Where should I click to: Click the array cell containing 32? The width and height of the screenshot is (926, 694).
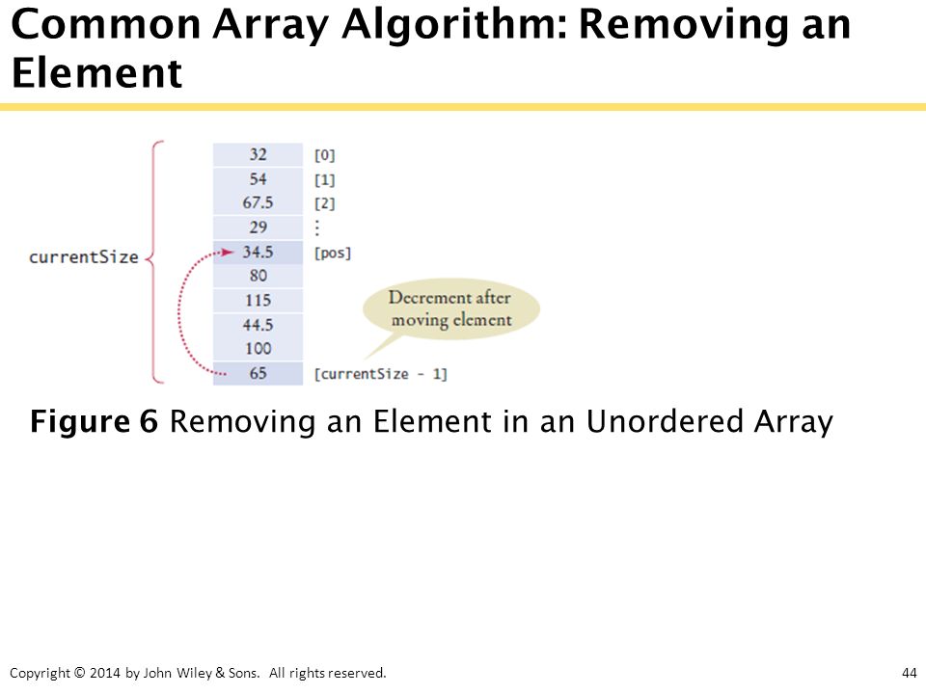259,154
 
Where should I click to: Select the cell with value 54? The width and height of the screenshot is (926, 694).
259,179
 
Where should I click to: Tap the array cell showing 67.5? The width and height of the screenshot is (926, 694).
259,203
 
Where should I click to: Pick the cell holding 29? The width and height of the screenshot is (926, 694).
259,227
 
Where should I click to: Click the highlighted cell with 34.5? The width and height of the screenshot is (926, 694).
259,253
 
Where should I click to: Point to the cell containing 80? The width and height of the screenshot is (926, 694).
259,277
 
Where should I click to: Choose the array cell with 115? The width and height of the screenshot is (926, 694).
259,301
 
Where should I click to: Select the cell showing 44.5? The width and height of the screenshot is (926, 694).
259,325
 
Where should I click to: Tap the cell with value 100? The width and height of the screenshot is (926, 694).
259,349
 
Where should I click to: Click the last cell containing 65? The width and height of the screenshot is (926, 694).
259,374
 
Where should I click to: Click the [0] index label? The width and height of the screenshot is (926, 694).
325,155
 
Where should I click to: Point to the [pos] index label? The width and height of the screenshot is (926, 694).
333,254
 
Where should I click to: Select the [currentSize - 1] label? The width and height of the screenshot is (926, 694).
380,374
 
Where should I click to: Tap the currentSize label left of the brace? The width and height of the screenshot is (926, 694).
83,257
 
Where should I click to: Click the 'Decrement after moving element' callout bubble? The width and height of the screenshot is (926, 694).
451,309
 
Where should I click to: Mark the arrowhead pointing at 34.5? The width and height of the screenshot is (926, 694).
228,253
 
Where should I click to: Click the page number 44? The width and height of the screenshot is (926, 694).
910,673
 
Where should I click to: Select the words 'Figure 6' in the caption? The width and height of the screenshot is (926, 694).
94,421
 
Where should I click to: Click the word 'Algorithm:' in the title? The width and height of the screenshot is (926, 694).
454,25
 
